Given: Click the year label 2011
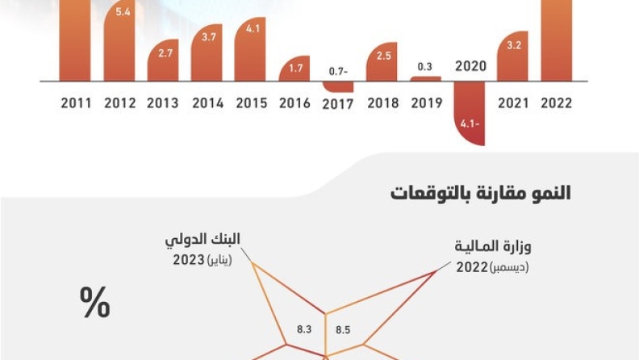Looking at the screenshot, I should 76,103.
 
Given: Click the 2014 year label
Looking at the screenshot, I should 207,103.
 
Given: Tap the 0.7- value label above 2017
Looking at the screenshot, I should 338,72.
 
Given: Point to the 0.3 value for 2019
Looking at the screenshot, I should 425,66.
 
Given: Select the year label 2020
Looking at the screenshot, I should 470,66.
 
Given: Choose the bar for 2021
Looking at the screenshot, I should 513,57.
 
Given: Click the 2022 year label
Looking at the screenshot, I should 557,103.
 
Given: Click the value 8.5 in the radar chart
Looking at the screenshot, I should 343,329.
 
